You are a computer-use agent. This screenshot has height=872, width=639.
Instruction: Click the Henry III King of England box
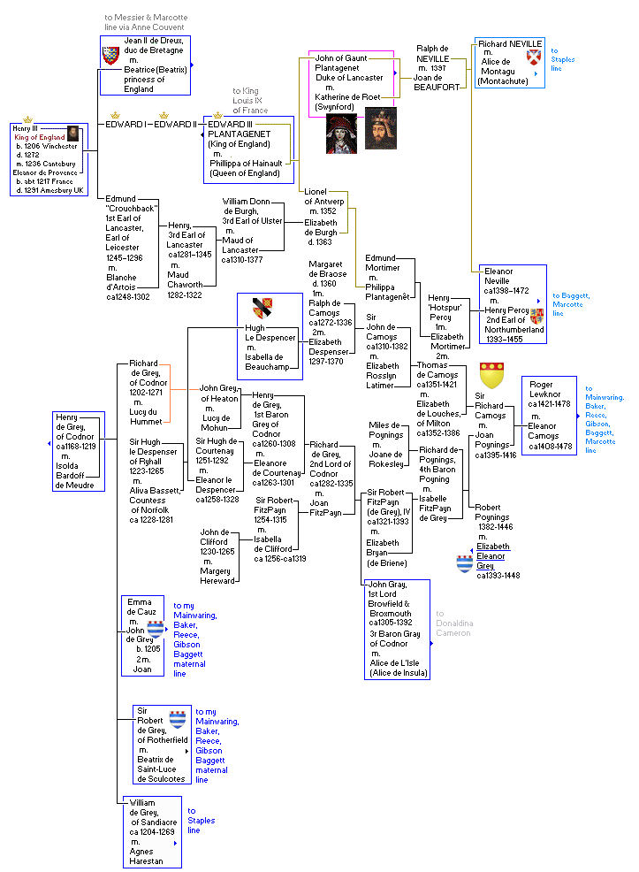pos(46,160)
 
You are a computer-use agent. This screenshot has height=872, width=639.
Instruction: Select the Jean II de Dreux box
pos(145,65)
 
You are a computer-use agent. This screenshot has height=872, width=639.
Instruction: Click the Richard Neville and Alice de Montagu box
pos(509,62)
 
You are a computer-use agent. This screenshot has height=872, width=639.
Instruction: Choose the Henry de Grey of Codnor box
pos(78,451)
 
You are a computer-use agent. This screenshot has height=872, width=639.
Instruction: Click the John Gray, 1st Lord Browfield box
pos(397,629)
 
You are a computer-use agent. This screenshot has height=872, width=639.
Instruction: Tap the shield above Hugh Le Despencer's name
pos(262,308)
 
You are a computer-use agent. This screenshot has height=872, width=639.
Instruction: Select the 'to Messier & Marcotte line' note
pos(145,22)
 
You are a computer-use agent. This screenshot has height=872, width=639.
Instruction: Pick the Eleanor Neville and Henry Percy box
pos(513,303)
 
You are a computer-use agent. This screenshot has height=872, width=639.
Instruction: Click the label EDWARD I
pos(124,124)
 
